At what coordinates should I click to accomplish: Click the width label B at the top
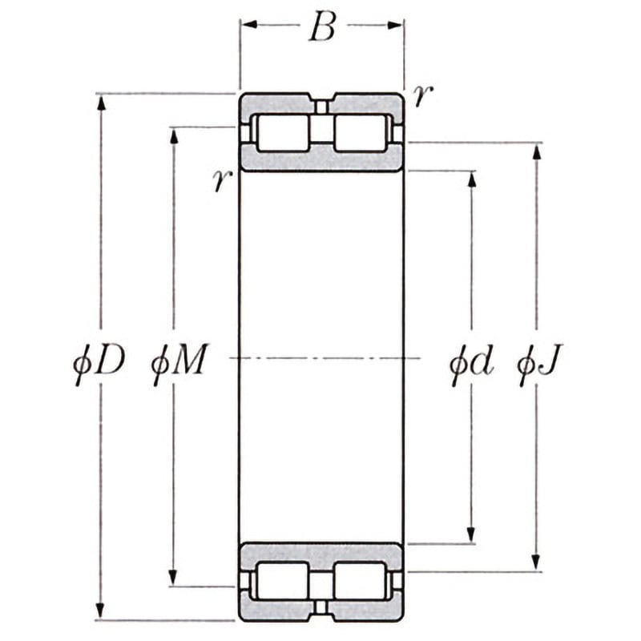coord(322,28)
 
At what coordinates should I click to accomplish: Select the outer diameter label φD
coord(99,363)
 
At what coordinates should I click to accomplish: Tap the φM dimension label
coord(179,363)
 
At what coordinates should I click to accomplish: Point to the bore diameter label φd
coord(471,363)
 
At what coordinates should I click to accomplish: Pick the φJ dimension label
coord(539,363)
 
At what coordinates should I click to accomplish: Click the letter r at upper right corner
coord(423,96)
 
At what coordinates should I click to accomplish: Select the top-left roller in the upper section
coord(282,132)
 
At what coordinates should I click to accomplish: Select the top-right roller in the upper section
coord(361,132)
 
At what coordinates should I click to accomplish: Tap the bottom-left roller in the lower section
coord(282,580)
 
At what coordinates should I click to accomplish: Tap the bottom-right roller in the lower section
coord(361,580)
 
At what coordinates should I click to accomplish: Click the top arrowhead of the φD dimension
coord(101,103)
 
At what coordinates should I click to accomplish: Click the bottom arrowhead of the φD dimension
coord(101,611)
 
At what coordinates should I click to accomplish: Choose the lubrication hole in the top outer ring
coord(321,107)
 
